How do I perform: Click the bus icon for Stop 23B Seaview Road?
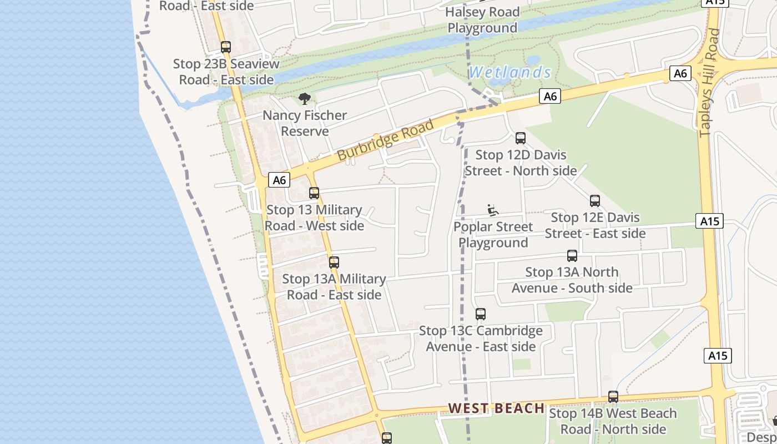226,47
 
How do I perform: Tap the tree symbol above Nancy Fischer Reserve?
304,99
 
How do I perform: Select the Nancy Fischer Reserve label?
305,123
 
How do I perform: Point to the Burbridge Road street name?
385,140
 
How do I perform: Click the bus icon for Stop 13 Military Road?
314,193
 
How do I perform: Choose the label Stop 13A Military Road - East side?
334,286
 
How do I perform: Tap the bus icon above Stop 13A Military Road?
334,263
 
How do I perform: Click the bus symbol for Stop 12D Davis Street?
521,138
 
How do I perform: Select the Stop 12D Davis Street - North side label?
521,163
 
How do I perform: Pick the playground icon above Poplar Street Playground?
492,210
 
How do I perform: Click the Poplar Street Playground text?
493,235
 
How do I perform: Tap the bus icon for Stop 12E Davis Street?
595,201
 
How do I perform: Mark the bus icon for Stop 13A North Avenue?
572,256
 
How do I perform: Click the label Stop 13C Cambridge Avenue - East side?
481,339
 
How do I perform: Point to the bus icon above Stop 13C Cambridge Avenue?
481,314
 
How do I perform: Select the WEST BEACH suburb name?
496,408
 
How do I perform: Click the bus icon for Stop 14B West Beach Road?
613,397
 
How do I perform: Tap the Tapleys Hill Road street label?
710,83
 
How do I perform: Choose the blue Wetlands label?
510,73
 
